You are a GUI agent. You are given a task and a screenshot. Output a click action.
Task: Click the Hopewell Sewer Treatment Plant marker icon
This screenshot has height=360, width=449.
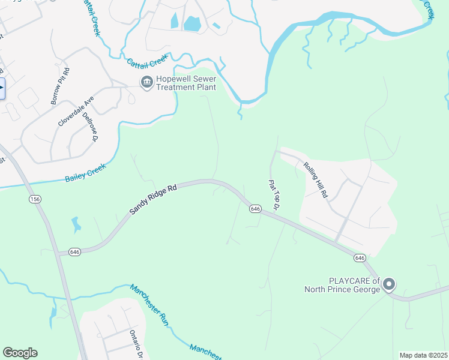coord(146,83)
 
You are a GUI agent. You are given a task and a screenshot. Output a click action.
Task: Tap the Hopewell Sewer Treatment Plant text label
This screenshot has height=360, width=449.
coord(185,83)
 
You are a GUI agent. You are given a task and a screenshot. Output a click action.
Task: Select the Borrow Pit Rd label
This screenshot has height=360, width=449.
coord(60,86)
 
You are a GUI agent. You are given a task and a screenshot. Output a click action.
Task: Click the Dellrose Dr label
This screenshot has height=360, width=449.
coord(90,126)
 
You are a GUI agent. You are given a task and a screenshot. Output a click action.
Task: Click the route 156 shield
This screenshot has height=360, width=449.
coord(34,199)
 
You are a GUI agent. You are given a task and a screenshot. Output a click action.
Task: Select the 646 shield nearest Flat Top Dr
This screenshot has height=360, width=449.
coord(255,208)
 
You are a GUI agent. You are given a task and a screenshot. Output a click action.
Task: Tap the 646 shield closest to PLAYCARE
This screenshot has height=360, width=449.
coord(360,257)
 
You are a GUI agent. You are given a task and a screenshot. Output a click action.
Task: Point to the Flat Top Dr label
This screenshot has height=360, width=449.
coord(274,194)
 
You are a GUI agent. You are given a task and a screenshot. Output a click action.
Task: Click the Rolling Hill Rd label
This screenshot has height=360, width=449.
coord(316,181)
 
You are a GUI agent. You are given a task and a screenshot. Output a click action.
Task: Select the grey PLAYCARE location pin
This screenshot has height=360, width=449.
coord(388,284)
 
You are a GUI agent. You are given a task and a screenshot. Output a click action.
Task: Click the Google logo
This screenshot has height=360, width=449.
coord(20,353)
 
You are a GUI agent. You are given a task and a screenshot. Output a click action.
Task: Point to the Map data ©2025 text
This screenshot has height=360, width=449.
coord(423,355)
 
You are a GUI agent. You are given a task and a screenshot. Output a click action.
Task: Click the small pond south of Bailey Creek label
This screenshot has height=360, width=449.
coord(75,225)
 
